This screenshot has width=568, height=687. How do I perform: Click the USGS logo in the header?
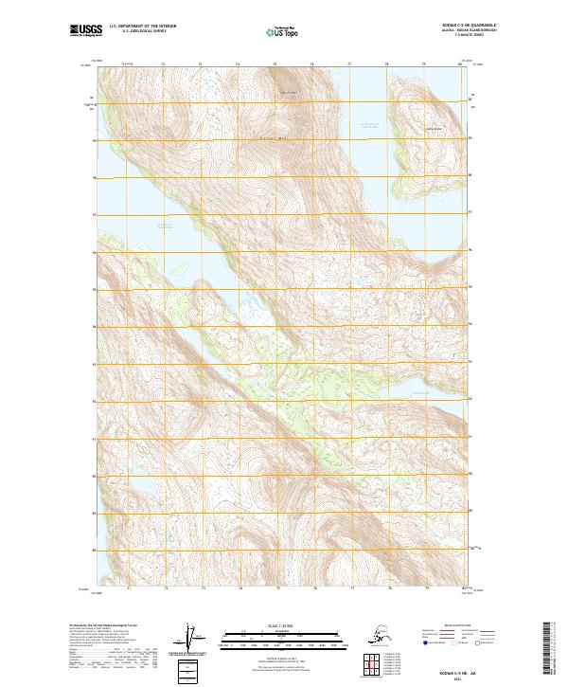click(82, 32)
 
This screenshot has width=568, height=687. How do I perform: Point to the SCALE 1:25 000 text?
click(282, 624)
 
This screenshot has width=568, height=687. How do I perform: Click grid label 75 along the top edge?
click(275, 64)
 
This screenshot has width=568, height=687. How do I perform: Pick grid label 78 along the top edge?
click(386, 64)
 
